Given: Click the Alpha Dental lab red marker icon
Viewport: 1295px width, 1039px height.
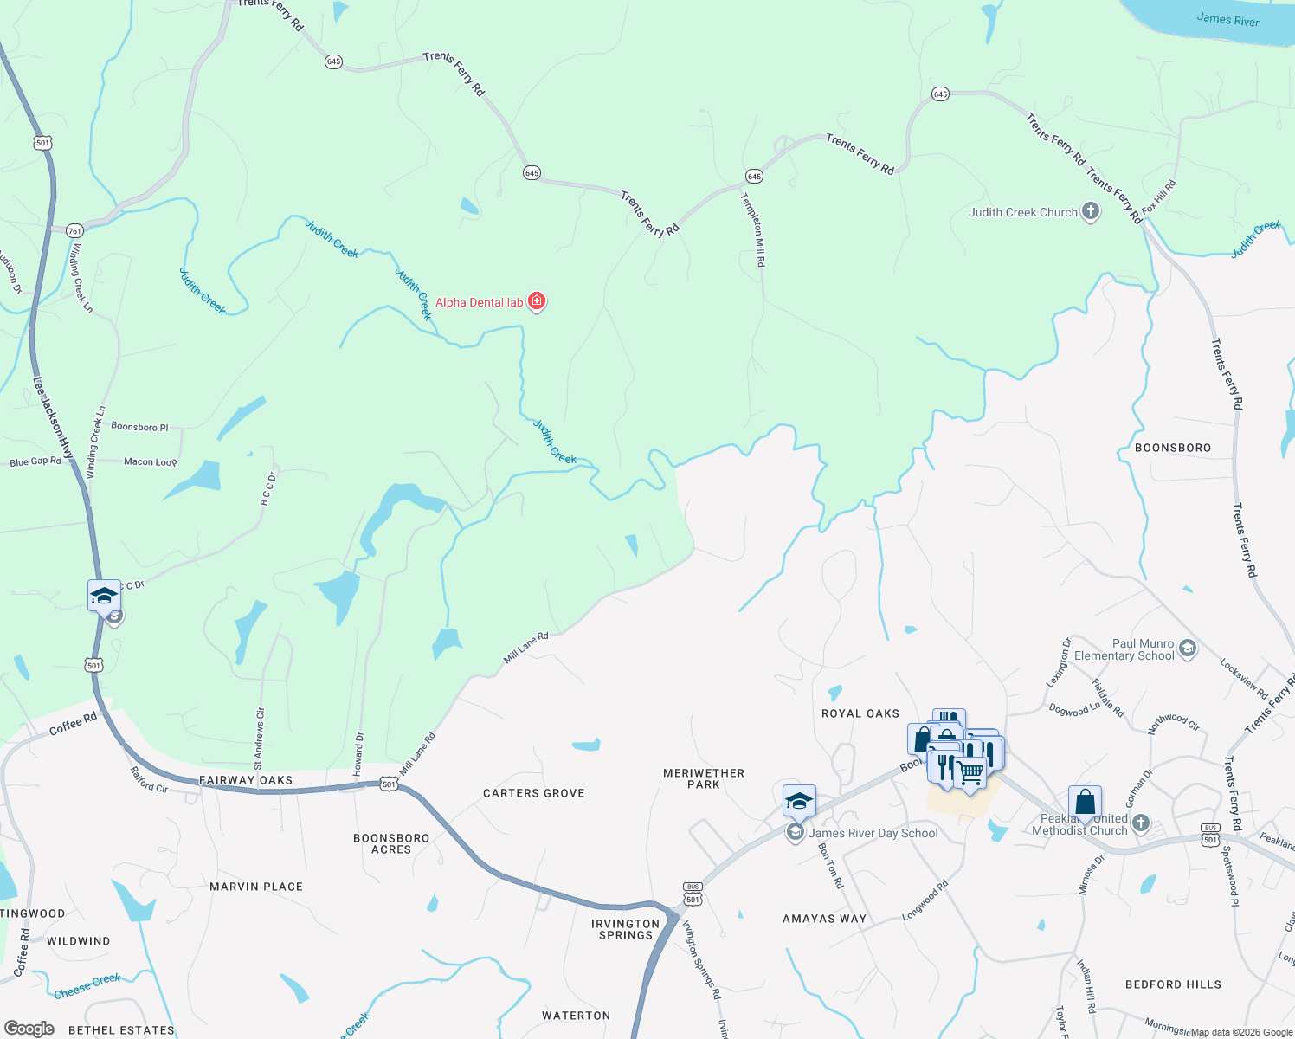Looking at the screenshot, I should [x=537, y=301].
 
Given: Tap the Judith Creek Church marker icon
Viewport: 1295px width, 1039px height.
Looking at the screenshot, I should [x=1091, y=211].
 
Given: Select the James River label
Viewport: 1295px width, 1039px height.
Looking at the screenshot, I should [x=1227, y=19].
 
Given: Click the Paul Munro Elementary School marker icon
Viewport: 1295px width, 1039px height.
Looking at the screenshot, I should [x=1188, y=649].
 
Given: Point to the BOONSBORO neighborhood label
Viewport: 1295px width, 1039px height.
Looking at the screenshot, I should [x=1173, y=448].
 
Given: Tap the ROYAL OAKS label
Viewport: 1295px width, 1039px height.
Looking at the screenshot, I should [x=860, y=713].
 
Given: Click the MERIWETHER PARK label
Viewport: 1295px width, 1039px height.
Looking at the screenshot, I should [x=704, y=778].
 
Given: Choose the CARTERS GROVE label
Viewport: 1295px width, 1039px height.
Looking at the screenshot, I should [x=534, y=793].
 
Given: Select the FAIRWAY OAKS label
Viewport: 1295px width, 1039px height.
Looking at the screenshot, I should [x=246, y=780].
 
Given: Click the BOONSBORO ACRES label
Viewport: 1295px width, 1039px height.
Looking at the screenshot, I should [x=391, y=843].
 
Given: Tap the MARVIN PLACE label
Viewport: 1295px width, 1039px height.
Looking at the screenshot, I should [x=256, y=887].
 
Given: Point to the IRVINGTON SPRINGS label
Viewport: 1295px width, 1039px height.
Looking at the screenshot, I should [x=626, y=929].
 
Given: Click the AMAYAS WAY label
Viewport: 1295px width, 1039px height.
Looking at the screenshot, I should [x=824, y=919].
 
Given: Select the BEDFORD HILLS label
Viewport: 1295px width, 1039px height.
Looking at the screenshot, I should [x=1173, y=984].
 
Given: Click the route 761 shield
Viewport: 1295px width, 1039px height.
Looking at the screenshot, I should [x=74, y=230].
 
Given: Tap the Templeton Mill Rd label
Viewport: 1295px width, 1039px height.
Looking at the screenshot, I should [x=753, y=229].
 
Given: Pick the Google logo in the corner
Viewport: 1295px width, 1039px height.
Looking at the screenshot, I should [x=29, y=1029].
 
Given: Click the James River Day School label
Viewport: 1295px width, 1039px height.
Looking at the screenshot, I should [x=873, y=833].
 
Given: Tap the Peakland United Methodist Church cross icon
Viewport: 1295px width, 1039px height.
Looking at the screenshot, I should [x=1141, y=823].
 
